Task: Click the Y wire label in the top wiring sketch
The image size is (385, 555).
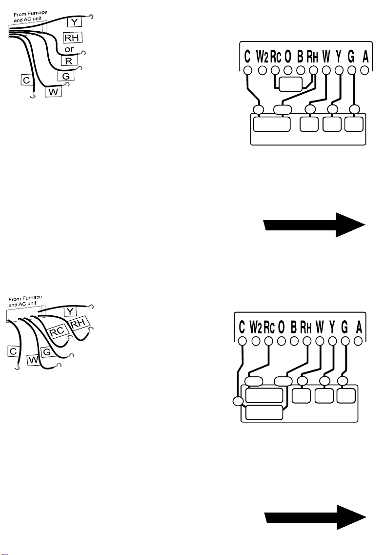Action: click(x=74, y=22)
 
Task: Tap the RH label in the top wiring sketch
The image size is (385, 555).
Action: click(x=72, y=38)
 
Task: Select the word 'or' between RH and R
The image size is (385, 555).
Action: click(x=69, y=49)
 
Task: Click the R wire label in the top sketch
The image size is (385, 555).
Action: click(x=69, y=61)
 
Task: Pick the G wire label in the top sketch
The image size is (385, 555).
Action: click(x=66, y=76)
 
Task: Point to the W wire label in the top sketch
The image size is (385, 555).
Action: click(x=53, y=92)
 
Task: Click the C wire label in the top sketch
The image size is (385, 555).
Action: click(x=26, y=81)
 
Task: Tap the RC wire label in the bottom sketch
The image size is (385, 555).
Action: click(x=57, y=331)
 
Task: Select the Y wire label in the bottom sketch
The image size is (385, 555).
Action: click(x=70, y=311)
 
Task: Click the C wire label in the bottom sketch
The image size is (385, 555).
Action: click(x=13, y=351)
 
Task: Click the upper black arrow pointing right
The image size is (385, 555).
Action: click(x=314, y=225)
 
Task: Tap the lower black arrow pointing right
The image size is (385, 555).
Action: click(x=315, y=517)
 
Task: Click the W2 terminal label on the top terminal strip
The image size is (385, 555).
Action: click(x=262, y=56)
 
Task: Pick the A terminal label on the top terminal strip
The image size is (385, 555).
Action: click(x=365, y=56)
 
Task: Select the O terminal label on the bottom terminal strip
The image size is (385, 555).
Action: click(x=282, y=328)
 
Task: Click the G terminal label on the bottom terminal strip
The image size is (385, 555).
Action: click(x=344, y=328)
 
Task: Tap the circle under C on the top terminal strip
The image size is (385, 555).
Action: click(x=248, y=70)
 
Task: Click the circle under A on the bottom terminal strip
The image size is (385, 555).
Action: click(x=358, y=341)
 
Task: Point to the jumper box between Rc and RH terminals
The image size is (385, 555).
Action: click(x=290, y=84)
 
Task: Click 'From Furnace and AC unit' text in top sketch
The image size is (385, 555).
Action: click(x=30, y=16)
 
